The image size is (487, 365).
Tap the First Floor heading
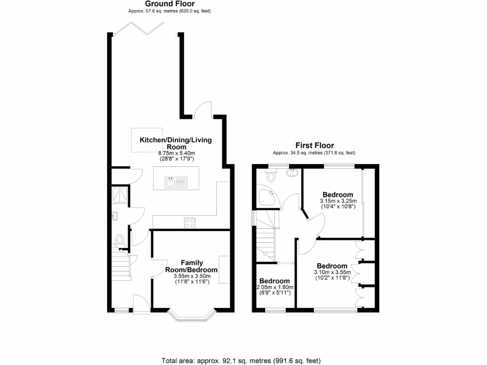click(x=314, y=145)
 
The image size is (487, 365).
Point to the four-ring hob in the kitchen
click(x=189, y=222)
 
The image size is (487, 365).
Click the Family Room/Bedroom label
click(x=191, y=266)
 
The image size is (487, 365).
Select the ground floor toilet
click(x=120, y=239)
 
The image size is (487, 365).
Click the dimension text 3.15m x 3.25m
click(x=338, y=202)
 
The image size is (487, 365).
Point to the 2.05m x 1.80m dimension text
click(x=274, y=288)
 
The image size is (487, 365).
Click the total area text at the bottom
click(x=243, y=360)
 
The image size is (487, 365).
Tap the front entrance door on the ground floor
click(x=141, y=304)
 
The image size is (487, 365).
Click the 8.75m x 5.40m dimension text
click(x=176, y=154)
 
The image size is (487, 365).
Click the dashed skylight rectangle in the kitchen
click(x=147, y=141)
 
